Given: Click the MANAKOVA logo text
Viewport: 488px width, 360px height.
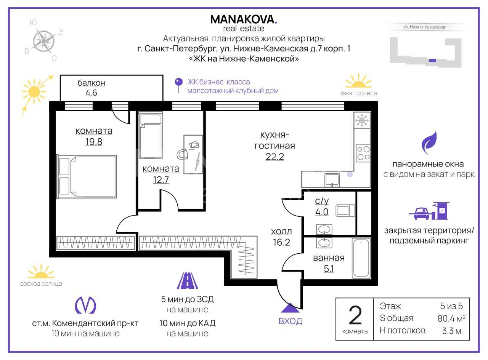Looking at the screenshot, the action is click(x=244, y=19).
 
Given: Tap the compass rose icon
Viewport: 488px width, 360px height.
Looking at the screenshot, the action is click(x=43, y=41).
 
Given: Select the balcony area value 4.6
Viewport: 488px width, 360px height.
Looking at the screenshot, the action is click(x=91, y=93).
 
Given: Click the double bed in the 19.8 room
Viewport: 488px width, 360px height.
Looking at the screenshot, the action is click(x=87, y=177).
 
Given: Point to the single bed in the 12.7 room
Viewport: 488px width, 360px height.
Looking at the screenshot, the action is click(x=151, y=135).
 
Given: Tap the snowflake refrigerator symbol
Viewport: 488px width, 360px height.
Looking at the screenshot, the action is click(x=362, y=120).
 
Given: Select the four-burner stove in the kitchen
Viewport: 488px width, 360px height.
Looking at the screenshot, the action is click(x=363, y=153).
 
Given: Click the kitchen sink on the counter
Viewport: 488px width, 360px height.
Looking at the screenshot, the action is click(x=332, y=180).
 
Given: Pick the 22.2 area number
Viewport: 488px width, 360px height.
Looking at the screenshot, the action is click(x=274, y=157).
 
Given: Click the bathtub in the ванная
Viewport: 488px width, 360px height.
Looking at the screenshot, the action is click(x=361, y=258).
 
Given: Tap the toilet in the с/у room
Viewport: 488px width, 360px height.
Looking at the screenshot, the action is click(x=345, y=210).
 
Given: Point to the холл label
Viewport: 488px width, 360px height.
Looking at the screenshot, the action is click(x=281, y=231).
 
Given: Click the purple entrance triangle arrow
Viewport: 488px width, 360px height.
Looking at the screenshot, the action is click(x=291, y=308).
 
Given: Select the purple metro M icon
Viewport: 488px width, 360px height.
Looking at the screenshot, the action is click(x=85, y=305).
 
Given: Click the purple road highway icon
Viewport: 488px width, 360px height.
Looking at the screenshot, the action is click(x=188, y=281).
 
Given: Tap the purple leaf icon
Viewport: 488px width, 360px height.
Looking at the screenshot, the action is click(x=429, y=143).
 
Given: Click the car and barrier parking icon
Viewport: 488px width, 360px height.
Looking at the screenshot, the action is click(x=429, y=211).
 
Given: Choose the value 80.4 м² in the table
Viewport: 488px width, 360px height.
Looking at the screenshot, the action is click(x=451, y=318).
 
